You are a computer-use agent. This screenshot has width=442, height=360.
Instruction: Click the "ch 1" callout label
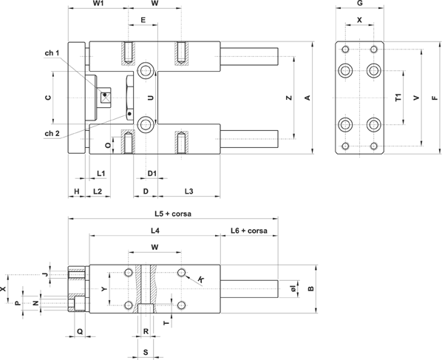tap(52, 53)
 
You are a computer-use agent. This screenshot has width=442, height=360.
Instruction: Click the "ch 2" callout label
tap(52, 133)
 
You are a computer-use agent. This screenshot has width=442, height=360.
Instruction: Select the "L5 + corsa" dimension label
tap(173, 214)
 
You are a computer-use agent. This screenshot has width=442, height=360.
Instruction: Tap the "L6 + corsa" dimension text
tap(249, 231)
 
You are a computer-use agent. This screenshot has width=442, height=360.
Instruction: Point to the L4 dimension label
tap(155, 231)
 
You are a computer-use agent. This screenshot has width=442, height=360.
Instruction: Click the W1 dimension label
tap(98, 4)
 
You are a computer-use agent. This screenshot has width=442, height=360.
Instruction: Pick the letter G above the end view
tap(360, 4)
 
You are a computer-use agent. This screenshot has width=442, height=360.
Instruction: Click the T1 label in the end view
tap(398, 98)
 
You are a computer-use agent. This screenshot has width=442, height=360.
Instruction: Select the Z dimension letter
tap(289, 98)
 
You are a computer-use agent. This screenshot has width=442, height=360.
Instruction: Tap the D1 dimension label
tap(152, 173)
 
